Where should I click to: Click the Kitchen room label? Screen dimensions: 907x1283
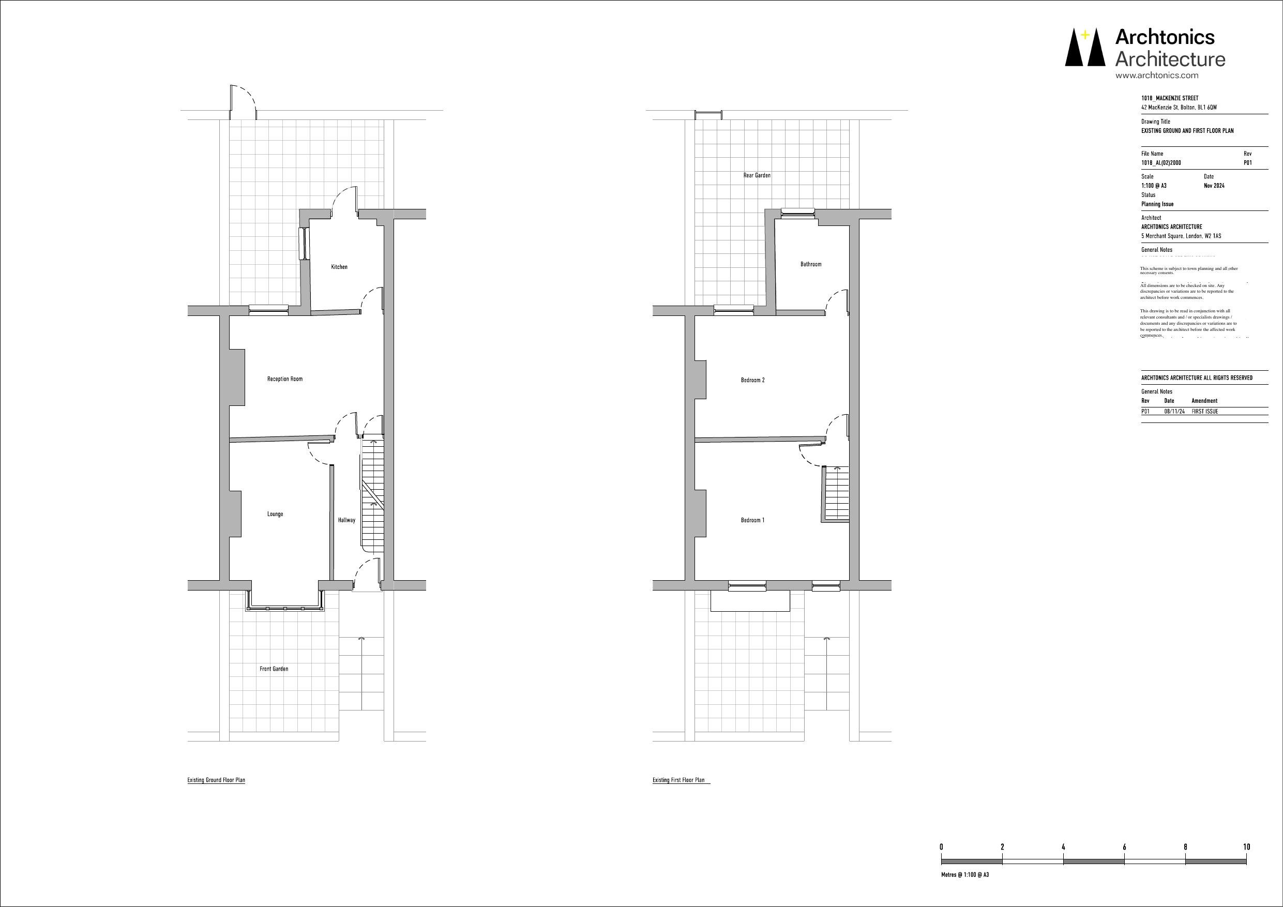[x=339, y=267]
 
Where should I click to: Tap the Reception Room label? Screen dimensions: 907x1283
[x=285, y=379]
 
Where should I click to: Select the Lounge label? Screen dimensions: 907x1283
[x=275, y=514]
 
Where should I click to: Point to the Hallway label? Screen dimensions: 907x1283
[x=346, y=520]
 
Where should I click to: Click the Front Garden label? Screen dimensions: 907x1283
[x=274, y=669]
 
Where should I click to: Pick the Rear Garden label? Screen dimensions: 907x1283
[x=757, y=175]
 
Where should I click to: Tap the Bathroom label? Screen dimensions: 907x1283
[x=811, y=264]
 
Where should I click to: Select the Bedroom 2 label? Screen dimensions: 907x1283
[x=753, y=380]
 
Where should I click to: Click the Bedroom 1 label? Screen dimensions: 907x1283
[x=753, y=520]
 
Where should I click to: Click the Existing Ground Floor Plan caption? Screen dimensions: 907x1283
[x=216, y=780]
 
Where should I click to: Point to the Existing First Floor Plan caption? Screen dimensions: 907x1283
[x=678, y=780]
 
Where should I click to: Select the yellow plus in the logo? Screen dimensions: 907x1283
[x=1084, y=35]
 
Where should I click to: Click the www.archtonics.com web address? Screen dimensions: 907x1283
[x=1157, y=75]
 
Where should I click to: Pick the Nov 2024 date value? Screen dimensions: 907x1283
[x=1214, y=186]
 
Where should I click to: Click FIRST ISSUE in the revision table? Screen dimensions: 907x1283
[x=1205, y=411]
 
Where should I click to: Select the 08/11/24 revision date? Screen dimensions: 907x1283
[x=1174, y=411]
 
